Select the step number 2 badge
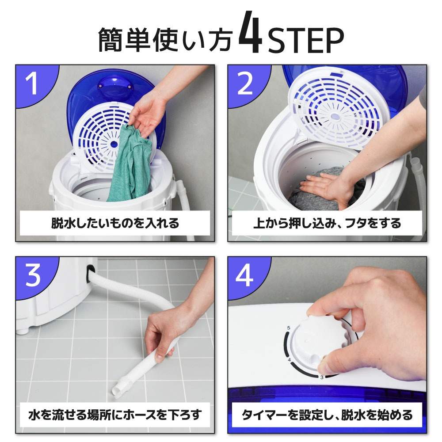244,84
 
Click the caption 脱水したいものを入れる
115,223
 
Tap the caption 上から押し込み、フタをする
327,223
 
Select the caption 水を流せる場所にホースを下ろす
115,415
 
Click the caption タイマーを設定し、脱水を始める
327,415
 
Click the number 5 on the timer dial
288,328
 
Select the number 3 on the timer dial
322,377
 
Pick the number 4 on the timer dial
289,360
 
